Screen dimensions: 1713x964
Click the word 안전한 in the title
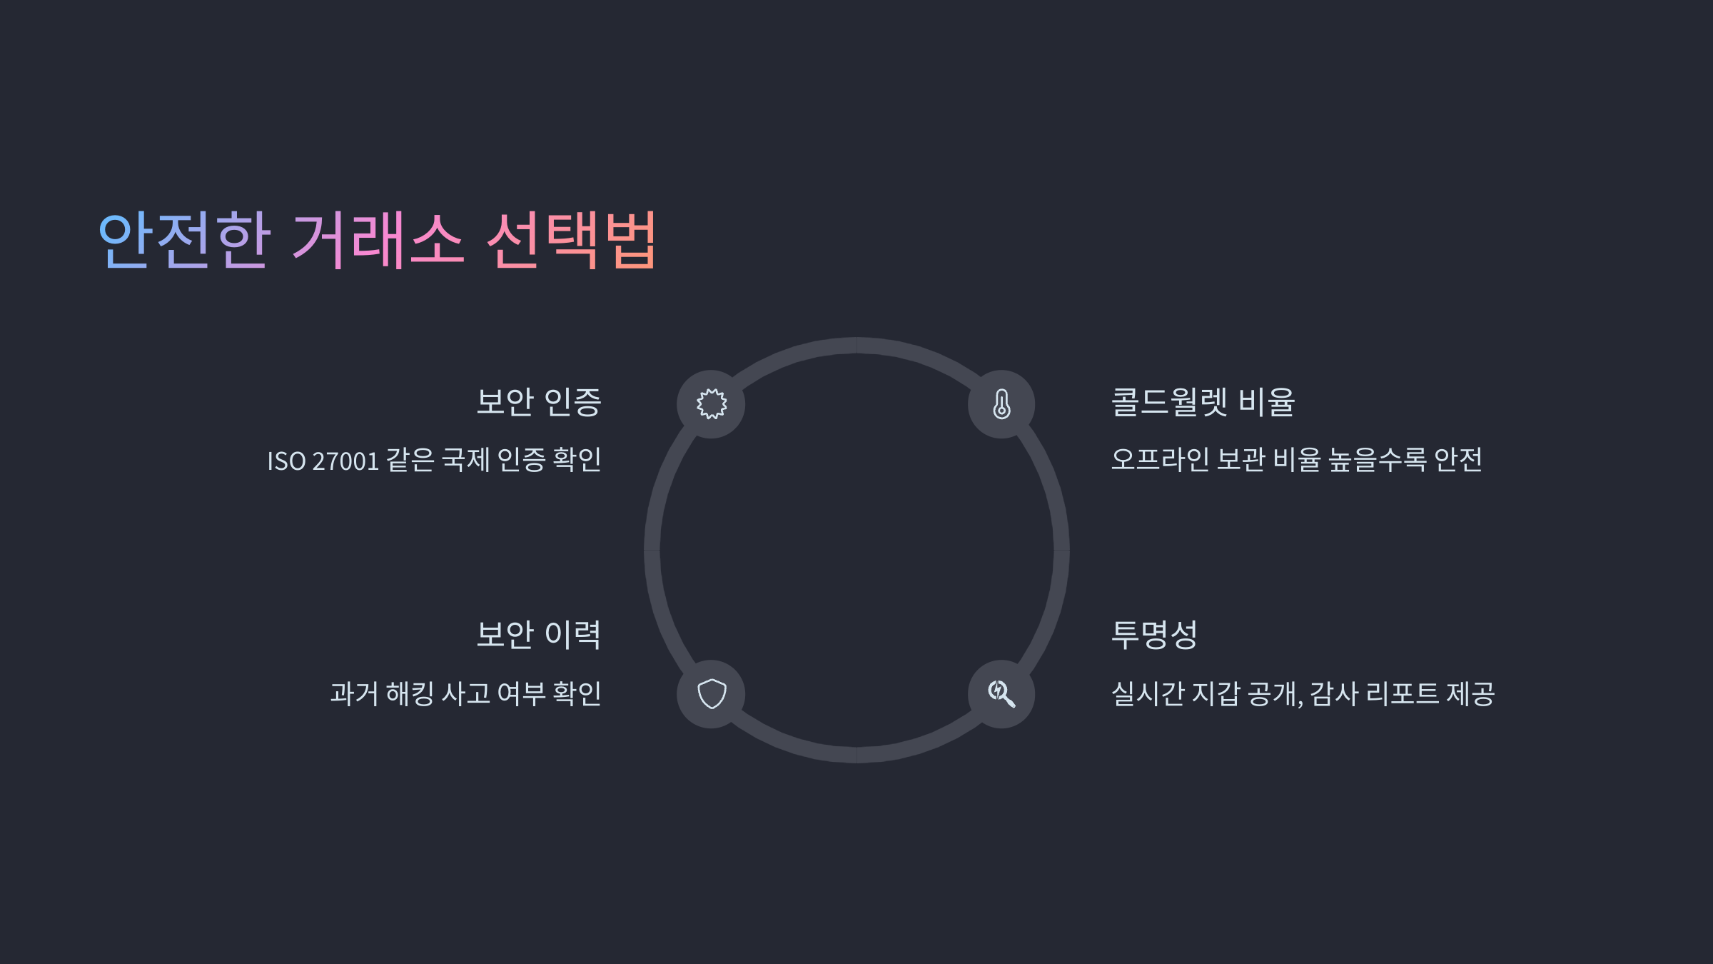click(184, 240)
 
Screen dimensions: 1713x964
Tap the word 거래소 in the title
click(378, 240)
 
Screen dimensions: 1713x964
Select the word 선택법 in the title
click(571, 240)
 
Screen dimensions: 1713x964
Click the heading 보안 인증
click(539, 402)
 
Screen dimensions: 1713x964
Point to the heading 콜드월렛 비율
click(1203, 402)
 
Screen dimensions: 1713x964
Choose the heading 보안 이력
click(539, 635)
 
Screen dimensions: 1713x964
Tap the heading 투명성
click(1154, 635)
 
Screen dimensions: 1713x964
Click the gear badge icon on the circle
click(712, 404)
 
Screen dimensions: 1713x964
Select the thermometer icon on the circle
click(1001, 404)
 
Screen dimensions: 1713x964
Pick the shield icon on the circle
click(712, 694)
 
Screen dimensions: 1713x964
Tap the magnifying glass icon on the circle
click(1001, 694)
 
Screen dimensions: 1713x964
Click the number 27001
click(345, 461)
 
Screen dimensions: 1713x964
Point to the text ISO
click(286, 461)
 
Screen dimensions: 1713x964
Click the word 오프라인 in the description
click(1160, 460)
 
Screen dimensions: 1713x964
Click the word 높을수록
click(1377, 460)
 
